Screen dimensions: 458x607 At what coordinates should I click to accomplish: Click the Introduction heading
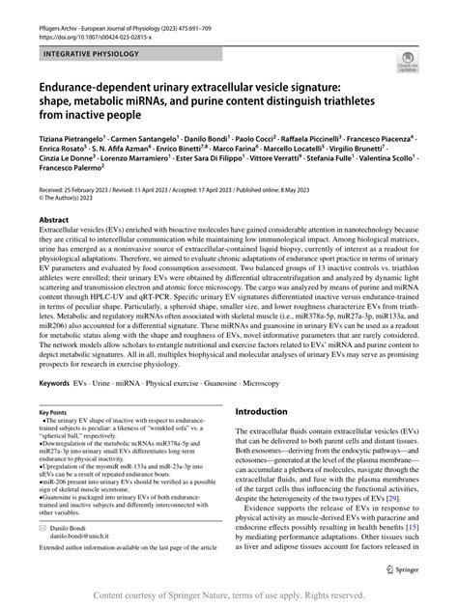point(267,437)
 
